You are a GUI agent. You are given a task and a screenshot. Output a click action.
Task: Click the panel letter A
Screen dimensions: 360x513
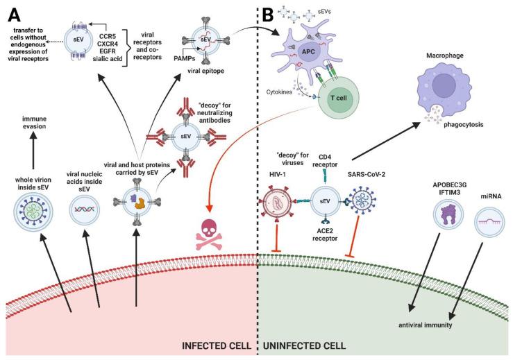point(14,12)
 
